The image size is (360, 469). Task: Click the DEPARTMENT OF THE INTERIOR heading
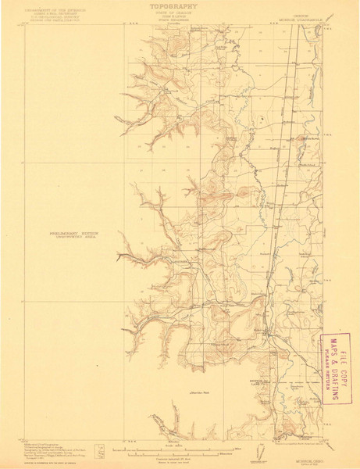[x=56, y=6]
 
